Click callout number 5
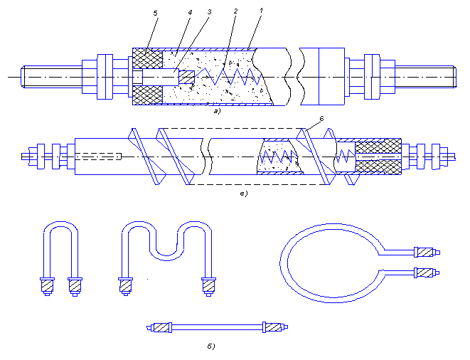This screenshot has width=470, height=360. (x=155, y=14)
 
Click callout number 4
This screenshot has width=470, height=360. (x=190, y=13)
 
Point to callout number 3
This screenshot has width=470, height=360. (x=210, y=12)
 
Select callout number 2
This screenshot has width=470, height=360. (x=235, y=11)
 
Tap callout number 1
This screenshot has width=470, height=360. (x=261, y=11)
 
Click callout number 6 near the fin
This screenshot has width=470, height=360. (x=321, y=119)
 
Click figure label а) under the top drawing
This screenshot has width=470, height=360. (x=217, y=111)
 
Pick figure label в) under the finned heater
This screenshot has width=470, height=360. (x=244, y=194)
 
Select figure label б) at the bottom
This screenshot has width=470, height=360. (x=211, y=346)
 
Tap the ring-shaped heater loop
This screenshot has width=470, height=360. (x=284, y=263)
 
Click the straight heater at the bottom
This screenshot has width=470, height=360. (x=218, y=327)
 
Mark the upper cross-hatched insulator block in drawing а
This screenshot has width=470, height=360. (x=148, y=58)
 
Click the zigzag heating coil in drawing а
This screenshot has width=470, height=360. (x=228, y=76)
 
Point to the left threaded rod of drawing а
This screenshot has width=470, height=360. (x=52, y=77)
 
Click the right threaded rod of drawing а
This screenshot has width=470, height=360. (x=426, y=77)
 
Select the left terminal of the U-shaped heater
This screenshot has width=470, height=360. (x=48, y=287)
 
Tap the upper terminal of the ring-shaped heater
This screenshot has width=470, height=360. (x=426, y=253)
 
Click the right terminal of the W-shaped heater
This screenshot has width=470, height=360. (x=208, y=287)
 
